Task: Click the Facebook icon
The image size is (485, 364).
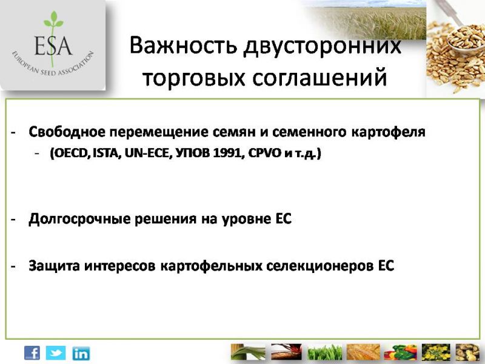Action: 32,353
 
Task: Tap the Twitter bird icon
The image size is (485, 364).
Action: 56,353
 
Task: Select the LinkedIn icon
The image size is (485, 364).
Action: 81,354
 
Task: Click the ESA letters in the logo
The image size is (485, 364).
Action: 53,45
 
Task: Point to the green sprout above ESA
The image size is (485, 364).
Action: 53,21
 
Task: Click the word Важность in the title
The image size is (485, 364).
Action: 184,45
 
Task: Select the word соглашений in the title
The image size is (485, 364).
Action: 319,78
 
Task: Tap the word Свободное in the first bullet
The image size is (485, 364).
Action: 67,132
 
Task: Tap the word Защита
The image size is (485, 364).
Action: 54,266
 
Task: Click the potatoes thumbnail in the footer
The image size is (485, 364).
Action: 467,352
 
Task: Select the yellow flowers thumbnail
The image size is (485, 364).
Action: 436,352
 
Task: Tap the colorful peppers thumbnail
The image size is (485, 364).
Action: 401,352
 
